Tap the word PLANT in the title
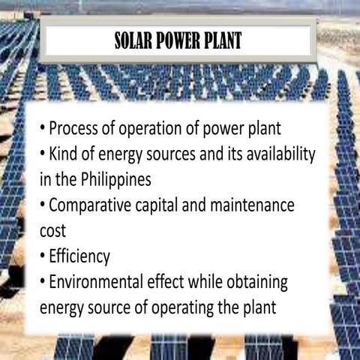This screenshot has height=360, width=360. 222,40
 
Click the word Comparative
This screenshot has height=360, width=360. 97,205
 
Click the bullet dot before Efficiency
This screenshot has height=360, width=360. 42,257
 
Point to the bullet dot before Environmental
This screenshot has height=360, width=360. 42,283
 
